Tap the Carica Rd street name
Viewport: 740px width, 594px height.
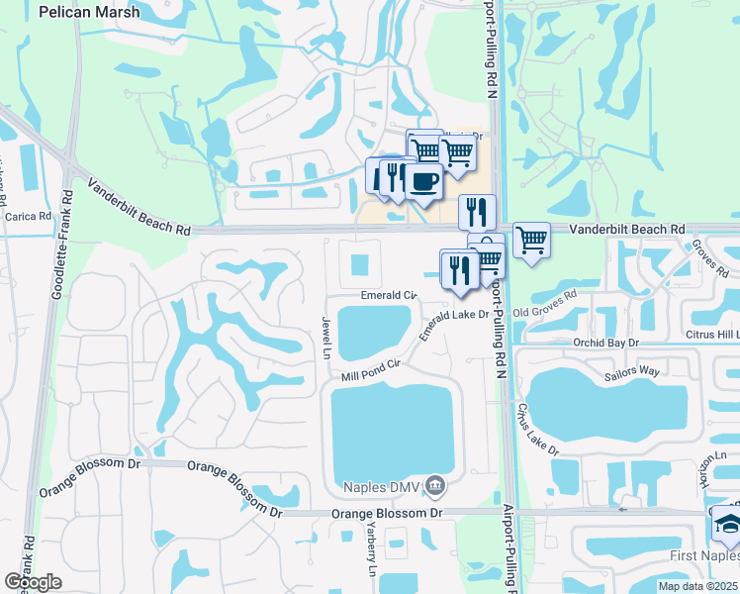(27, 216)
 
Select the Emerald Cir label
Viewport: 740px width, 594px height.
(389, 295)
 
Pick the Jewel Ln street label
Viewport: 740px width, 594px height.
(324, 338)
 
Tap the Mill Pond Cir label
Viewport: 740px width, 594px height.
(370, 370)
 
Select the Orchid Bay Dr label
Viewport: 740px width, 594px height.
(607, 342)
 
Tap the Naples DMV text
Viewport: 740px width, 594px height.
(384, 486)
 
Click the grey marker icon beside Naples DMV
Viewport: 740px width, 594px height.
(436, 486)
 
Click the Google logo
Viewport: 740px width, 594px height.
(33, 582)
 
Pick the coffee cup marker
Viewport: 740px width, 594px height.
(423, 182)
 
